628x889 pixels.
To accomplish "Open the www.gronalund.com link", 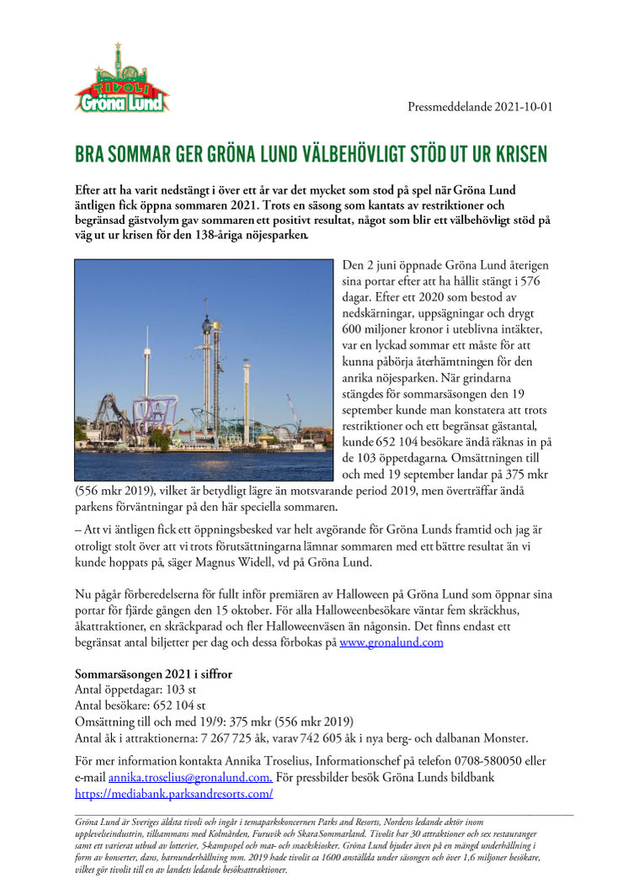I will click(x=391, y=642).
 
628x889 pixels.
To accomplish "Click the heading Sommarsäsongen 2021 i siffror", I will click(x=154, y=674).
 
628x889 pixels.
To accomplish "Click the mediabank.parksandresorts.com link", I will click(x=173, y=794).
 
